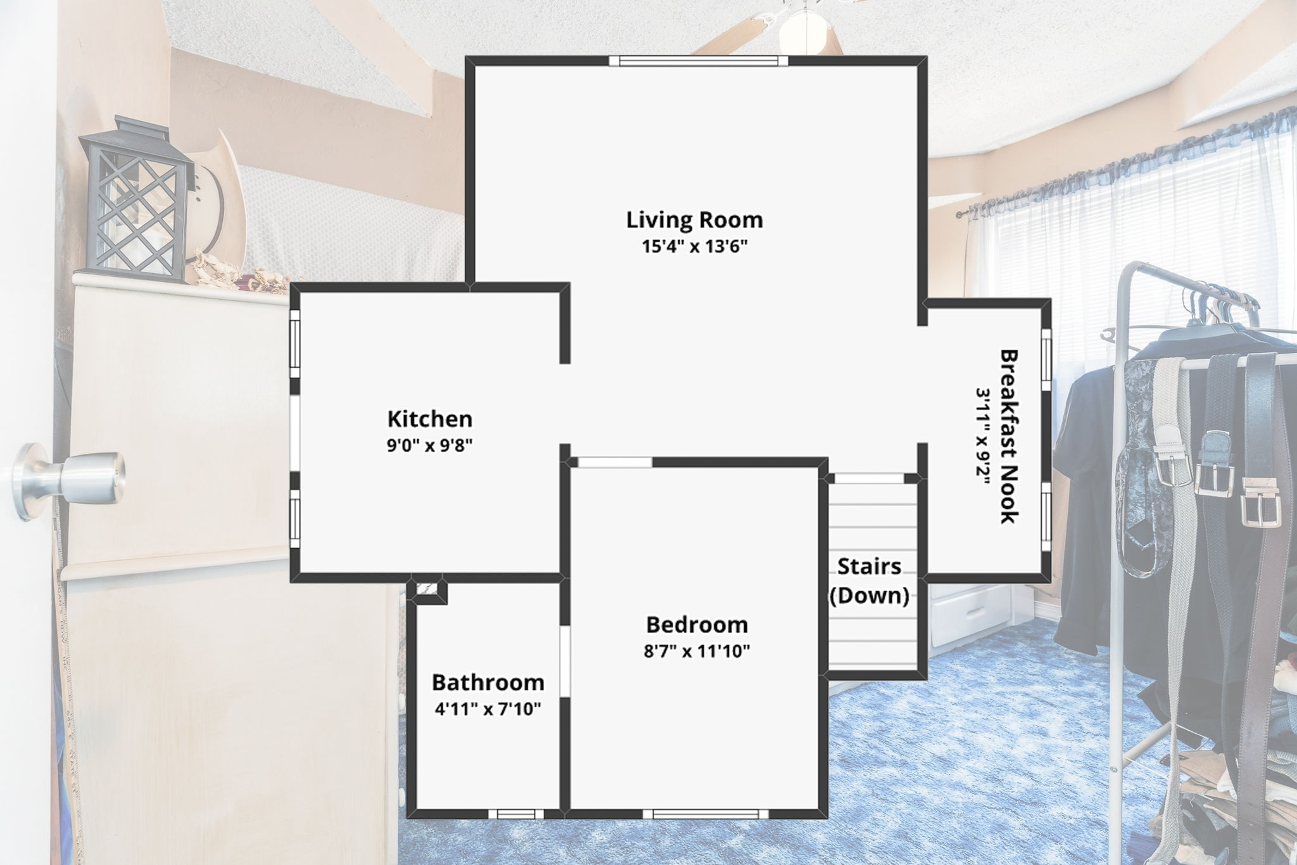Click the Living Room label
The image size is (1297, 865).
pos(694,220)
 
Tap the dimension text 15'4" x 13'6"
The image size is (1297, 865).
pos(695,247)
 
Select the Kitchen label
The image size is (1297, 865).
pos(430,419)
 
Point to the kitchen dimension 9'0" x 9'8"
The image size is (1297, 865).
pos(430,445)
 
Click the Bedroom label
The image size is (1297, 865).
pos(697,624)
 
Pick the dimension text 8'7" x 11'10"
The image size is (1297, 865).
pos(697,651)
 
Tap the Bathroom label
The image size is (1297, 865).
pos(488,682)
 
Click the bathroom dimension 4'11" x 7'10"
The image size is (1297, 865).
pos(488,708)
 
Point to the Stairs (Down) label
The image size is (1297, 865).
pos(870,580)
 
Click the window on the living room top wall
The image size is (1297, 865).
pos(699,60)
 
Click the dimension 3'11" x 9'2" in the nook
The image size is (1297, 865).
pos(982,436)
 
